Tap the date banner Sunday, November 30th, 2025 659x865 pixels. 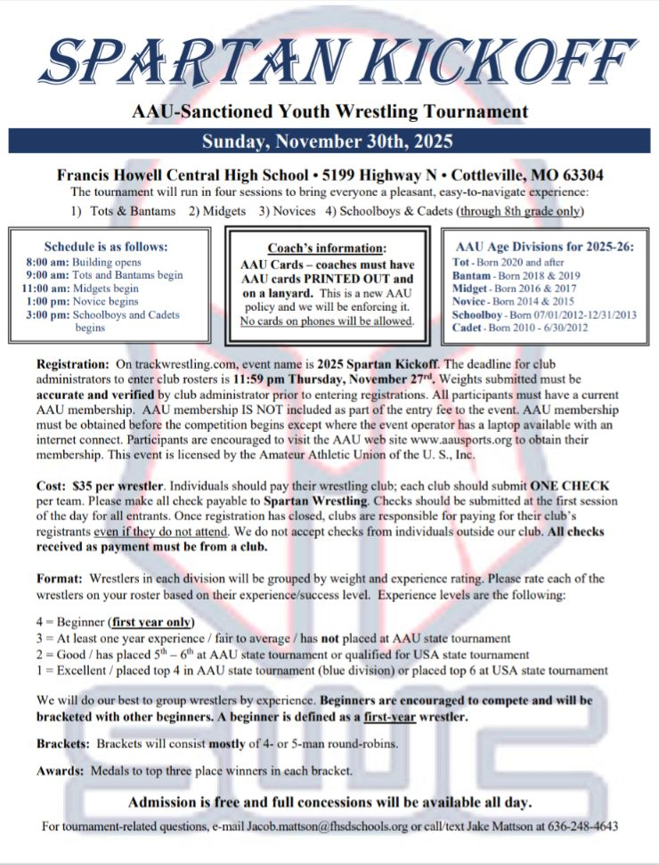pyautogui.click(x=328, y=141)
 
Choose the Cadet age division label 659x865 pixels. pyautogui.click(x=469, y=327)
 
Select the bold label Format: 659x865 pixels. pyautogui.click(x=61, y=577)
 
